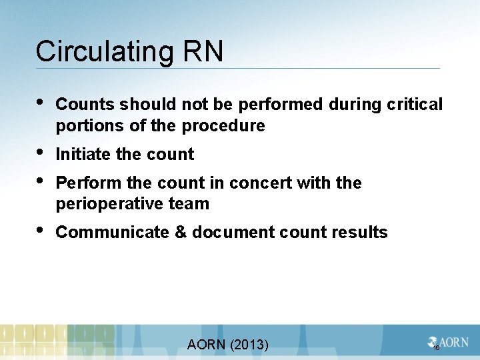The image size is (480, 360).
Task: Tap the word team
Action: pyautogui.click(x=189, y=204)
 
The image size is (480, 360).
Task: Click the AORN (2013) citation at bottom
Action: pyautogui.click(x=228, y=345)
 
